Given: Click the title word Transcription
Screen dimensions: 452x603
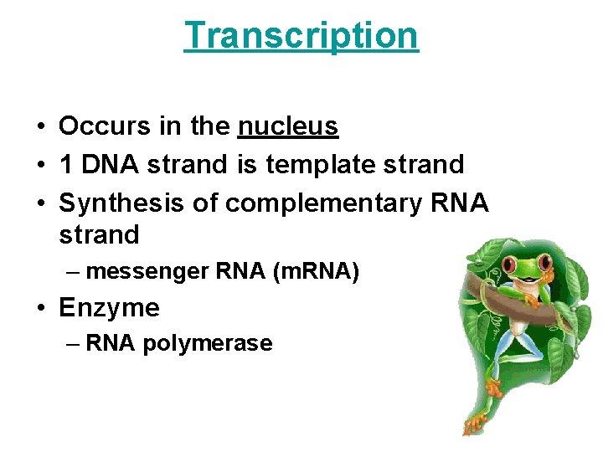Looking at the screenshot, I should click(x=301, y=35).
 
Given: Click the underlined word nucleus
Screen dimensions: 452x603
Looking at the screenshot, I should click(x=288, y=126).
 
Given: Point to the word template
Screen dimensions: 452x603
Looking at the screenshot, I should click(x=319, y=165).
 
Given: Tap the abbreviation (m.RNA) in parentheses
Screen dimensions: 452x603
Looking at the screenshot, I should click(x=317, y=271).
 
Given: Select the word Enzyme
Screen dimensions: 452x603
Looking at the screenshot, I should click(x=109, y=308).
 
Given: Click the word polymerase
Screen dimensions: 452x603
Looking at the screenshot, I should click(x=208, y=343).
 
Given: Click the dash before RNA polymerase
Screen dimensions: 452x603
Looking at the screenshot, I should click(x=75, y=343).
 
